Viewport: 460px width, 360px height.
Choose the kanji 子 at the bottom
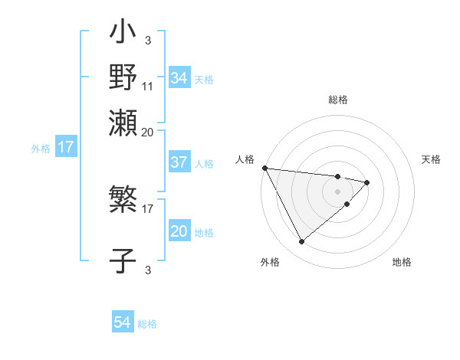[x=123, y=259]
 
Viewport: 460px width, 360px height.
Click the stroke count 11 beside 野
[x=148, y=86]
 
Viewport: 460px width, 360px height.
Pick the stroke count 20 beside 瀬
[x=148, y=131]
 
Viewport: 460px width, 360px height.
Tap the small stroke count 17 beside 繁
[x=148, y=208]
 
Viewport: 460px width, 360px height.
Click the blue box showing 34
[x=179, y=78]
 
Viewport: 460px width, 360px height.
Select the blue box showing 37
[x=179, y=162]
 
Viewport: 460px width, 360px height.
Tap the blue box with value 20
[x=179, y=231]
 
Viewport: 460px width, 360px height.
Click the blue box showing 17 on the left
[x=65, y=147]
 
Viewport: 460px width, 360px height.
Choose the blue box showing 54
[x=123, y=323]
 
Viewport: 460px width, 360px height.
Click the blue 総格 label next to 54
[x=147, y=324]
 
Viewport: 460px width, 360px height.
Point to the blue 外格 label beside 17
[x=40, y=148]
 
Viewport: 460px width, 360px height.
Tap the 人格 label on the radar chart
[x=245, y=159]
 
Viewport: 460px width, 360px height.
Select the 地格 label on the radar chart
[x=402, y=263]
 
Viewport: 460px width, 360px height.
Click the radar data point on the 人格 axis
[x=264, y=168]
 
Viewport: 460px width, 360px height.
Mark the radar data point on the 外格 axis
[x=301, y=242]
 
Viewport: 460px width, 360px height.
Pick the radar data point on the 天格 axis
[x=367, y=182]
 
